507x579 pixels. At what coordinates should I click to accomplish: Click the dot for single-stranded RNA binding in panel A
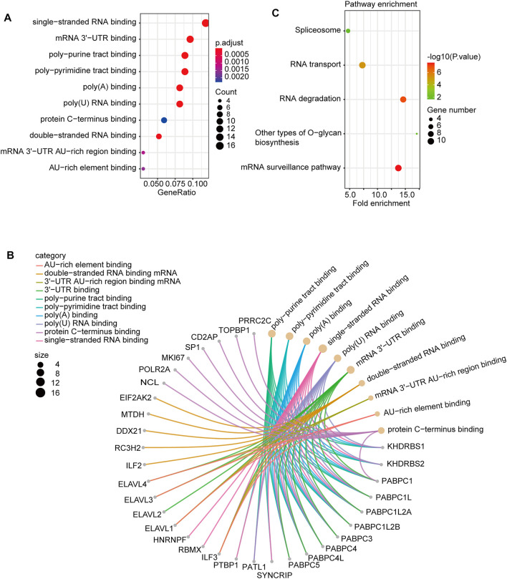(206, 24)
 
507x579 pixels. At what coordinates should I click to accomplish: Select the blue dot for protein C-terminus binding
(164, 120)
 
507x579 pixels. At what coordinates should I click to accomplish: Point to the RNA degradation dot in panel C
(403, 99)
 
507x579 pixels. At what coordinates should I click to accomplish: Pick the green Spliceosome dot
(348, 31)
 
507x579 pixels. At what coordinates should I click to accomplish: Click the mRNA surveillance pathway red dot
(398, 168)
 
